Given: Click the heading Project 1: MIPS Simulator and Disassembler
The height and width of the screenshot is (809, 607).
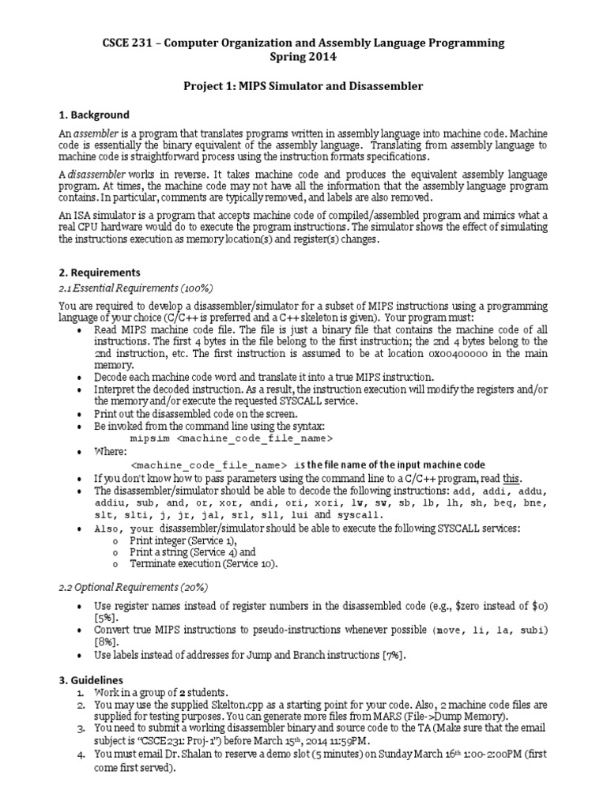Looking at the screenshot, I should tap(303, 85).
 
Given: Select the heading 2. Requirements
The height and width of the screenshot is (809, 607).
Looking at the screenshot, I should tap(100, 273).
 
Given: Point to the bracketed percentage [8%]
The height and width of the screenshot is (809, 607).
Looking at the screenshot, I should tap(104, 643).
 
